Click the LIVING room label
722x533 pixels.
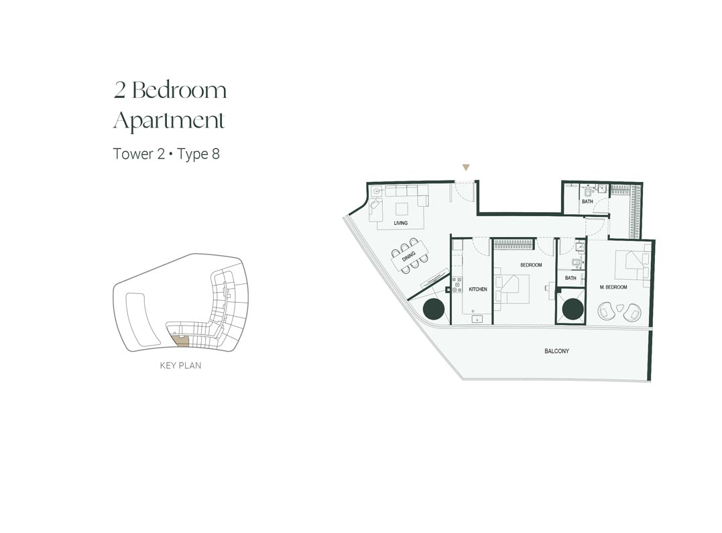[401, 223]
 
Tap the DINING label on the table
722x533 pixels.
[408, 256]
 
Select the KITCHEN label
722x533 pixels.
[477, 289]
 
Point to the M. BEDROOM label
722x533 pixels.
[613, 287]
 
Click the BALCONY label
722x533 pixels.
[556, 351]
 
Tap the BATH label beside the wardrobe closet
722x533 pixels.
[587, 201]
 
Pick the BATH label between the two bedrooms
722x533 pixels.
[570, 278]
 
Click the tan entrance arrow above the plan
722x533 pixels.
[466, 168]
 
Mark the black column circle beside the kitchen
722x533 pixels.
[433, 309]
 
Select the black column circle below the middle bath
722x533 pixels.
[573, 309]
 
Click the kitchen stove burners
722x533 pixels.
[457, 285]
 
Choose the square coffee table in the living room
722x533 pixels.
[402, 209]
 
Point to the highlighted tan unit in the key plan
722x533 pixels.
[180, 341]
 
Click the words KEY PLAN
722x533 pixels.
[180, 366]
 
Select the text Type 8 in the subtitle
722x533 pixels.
[198, 154]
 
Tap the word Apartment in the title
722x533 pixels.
[169, 121]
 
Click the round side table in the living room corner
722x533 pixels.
[377, 191]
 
